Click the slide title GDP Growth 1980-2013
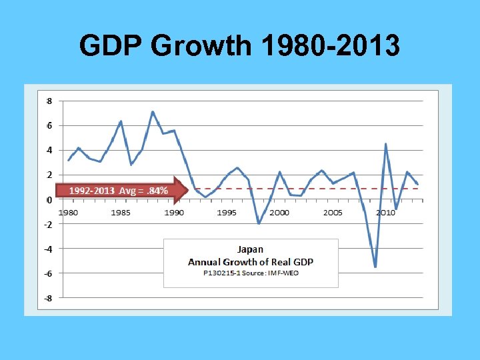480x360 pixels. click(239, 47)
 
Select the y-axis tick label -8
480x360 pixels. click(48, 298)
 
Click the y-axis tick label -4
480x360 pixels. click(48, 249)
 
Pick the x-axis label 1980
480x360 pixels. click(68, 213)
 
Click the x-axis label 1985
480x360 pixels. click(121, 213)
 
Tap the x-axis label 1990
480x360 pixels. click(173, 213)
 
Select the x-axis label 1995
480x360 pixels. click(227, 213)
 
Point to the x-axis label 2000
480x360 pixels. click(279, 213)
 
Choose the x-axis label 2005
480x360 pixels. click(333, 213)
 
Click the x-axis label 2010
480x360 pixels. click(385, 213)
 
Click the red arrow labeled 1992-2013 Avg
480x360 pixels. click(120, 191)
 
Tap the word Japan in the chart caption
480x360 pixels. click(251, 250)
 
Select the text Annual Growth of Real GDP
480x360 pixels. click(251, 261)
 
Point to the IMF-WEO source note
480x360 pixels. click(251, 273)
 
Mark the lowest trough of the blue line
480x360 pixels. click(375, 267)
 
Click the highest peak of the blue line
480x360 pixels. click(153, 111)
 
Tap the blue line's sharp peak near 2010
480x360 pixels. click(386, 144)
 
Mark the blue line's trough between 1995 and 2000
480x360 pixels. click(259, 223)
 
